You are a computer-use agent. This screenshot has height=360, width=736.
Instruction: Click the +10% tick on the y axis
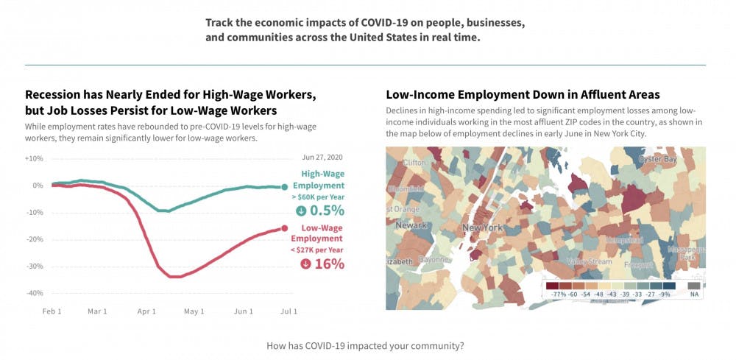pyautogui.click(x=34, y=158)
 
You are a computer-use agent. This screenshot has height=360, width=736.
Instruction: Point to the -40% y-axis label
pyautogui.click(x=34, y=293)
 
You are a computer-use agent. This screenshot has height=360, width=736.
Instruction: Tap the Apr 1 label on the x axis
pyautogui.click(x=146, y=311)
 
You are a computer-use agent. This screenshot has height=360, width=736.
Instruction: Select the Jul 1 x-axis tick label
pyautogui.click(x=289, y=311)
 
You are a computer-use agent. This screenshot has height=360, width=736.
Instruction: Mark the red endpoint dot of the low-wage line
pyautogui.click(x=285, y=228)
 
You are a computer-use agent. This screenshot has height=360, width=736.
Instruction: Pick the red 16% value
pyautogui.click(x=329, y=264)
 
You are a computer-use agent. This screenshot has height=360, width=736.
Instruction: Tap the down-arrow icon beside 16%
pyautogui.click(x=306, y=264)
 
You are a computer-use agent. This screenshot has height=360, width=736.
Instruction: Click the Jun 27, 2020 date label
pyautogui.click(x=322, y=158)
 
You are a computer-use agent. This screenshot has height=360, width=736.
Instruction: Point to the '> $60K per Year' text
pyautogui.click(x=318, y=197)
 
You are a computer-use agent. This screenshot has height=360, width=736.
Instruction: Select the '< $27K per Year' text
pyautogui.click(x=318, y=250)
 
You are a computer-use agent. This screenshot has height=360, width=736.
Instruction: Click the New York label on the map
pyautogui.click(x=482, y=228)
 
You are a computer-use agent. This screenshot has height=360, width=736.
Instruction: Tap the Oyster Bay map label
pyautogui.click(x=657, y=159)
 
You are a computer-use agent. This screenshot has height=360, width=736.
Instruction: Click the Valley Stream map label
pyautogui.click(x=589, y=261)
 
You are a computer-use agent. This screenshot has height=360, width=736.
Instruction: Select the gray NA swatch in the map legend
pyautogui.click(x=694, y=286)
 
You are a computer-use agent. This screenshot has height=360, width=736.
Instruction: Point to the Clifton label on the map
pyautogui.click(x=414, y=162)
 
